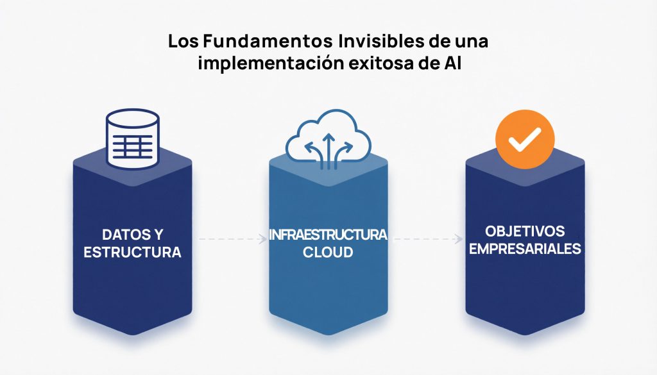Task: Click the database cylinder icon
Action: pos(132,140)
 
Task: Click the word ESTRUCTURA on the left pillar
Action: pos(133,252)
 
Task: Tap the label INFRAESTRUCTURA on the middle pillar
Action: pos(328,235)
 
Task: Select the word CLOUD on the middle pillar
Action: pos(328,252)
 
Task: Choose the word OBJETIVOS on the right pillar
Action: pos(525,230)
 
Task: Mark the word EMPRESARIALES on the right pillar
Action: pos(525,248)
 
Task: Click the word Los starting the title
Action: pos(183,42)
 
